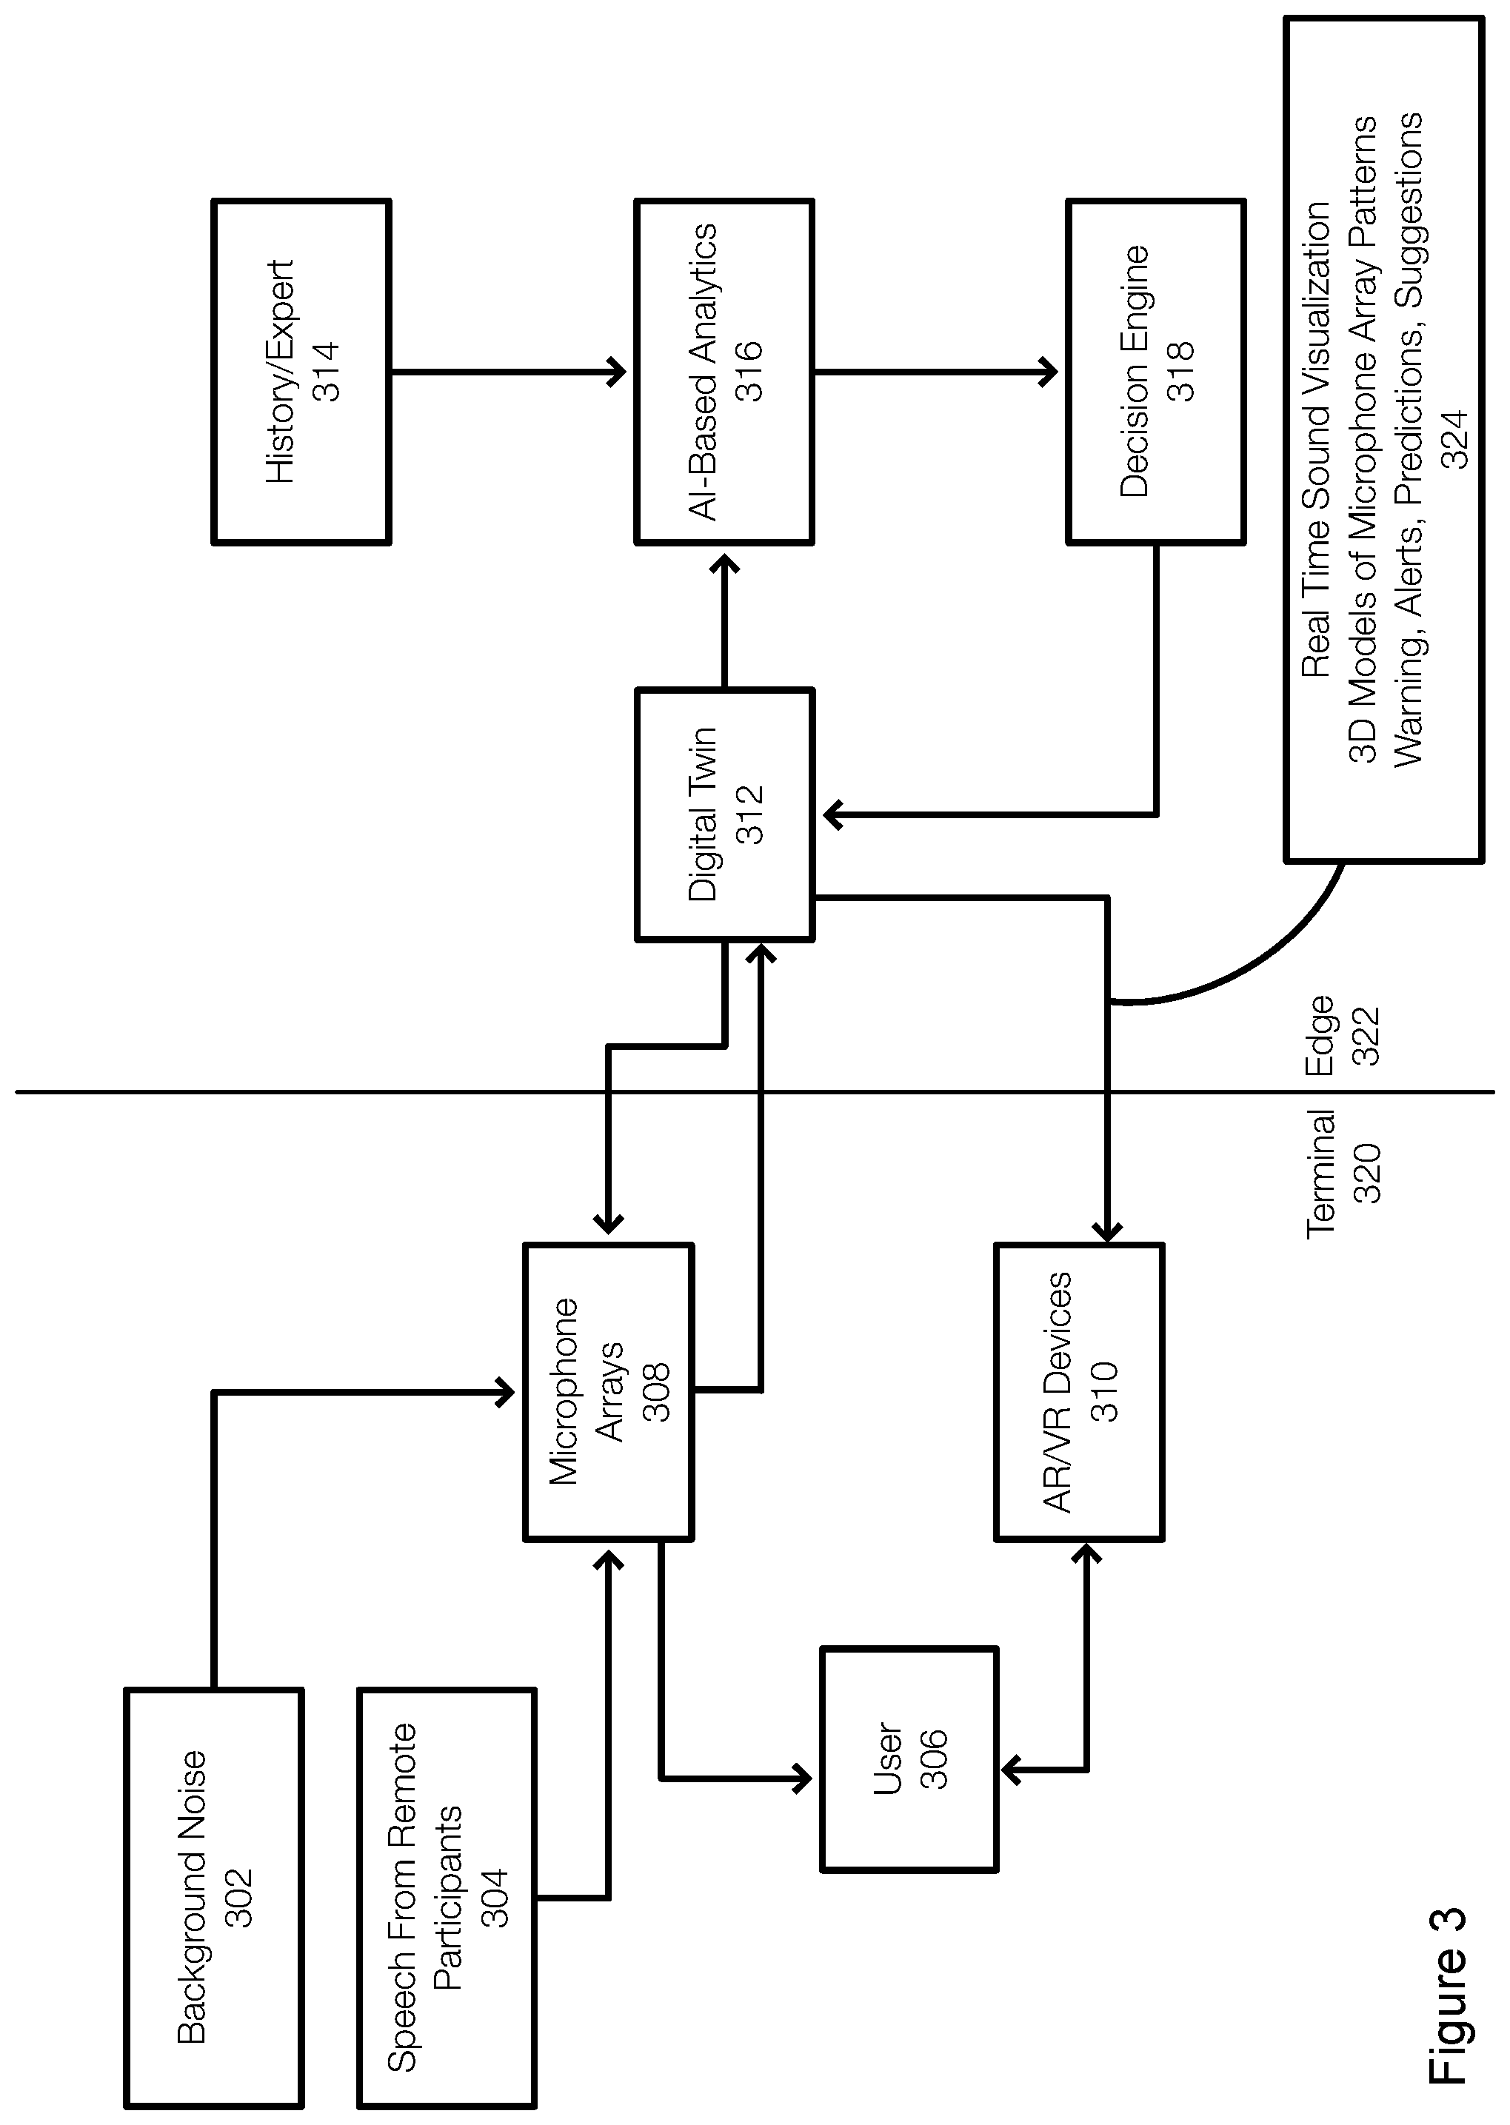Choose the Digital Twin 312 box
(725, 814)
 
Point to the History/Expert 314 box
(301, 371)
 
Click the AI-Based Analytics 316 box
(725, 371)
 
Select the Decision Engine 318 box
(1156, 371)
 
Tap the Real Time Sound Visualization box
(1383, 440)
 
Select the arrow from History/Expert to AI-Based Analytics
(510, 372)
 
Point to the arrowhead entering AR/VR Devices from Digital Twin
(1106, 1230)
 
